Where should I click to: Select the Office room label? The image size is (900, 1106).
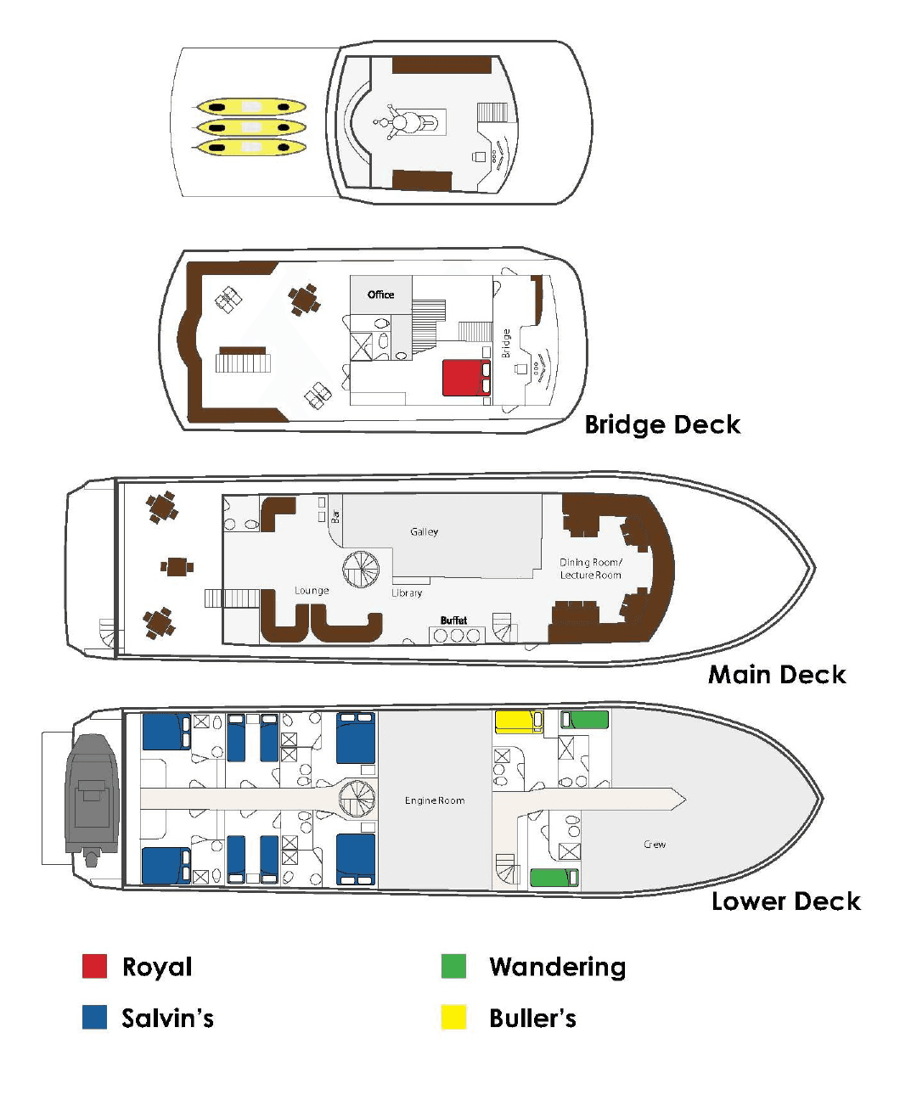[x=380, y=295]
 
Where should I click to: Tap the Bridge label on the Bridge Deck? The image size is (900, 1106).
[x=506, y=343]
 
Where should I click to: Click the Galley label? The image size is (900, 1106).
[x=424, y=531]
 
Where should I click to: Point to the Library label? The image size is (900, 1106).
[x=407, y=592]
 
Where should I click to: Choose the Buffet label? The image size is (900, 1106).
[x=453, y=620]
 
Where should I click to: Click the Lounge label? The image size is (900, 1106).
[x=312, y=590]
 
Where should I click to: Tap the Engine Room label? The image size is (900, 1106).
[x=434, y=800]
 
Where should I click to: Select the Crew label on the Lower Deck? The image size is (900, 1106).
[x=654, y=845]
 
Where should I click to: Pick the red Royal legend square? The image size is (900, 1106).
[x=94, y=966]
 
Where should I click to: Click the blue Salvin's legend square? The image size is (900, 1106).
[x=94, y=1017]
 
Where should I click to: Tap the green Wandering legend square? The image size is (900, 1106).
[x=453, y=966]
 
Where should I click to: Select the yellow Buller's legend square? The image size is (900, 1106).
[x=453, y=1017]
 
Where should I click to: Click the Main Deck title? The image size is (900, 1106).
[x=777, y=675]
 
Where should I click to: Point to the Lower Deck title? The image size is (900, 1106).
[x=785, y=901]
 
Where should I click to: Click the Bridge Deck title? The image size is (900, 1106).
[x=662, y=424]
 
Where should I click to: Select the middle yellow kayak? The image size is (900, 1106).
[x=250, y=127]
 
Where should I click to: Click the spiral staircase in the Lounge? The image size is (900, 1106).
[x=362, y=570]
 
